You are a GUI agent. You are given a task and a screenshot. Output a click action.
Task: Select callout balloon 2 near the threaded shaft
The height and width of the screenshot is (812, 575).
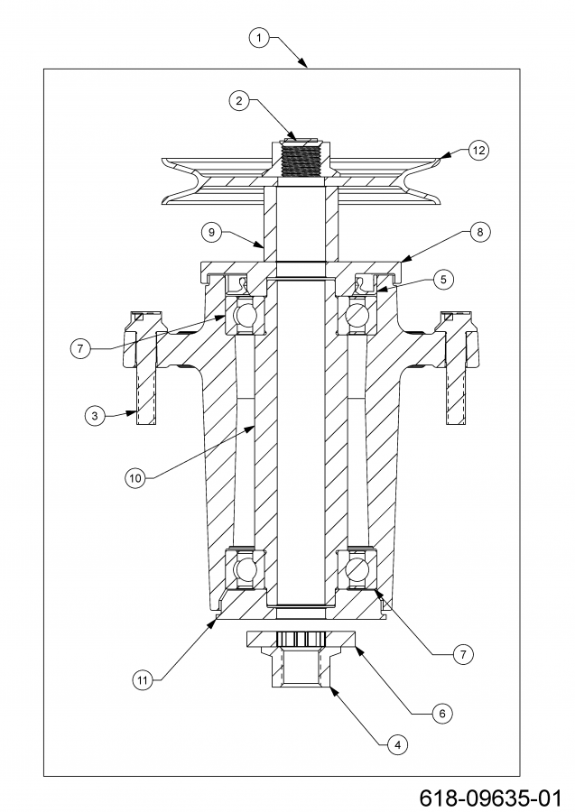click(238, 101)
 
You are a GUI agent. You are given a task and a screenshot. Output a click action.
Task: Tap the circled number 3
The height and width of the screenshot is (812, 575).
click(94, 416)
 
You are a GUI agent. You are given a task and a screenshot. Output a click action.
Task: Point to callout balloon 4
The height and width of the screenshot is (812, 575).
click(394, 745)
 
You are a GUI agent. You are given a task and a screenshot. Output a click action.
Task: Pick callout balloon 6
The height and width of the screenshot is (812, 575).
click(441, 713)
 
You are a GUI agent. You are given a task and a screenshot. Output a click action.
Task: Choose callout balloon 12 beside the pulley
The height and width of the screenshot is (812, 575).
click(478, 151)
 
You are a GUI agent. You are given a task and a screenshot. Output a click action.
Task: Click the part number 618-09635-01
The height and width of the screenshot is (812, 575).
click(489, 798)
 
